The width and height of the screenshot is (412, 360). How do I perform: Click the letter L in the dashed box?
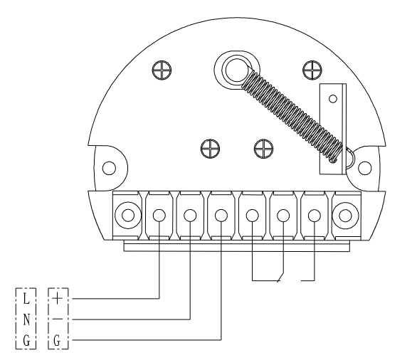[x=26, y=299]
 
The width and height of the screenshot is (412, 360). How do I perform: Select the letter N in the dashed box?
[x=26, y=319]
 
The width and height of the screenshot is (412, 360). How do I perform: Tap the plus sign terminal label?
[x=58, y=299]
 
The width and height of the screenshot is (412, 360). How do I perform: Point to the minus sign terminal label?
[x=58, y=319]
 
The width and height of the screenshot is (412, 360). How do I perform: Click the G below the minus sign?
[x=57, y=341]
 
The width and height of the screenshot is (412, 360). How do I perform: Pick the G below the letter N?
[x=26, y=341]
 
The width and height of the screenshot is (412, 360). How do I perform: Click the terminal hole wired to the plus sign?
[x=159, y=216]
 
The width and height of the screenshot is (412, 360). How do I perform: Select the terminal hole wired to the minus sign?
[x=190, y=216]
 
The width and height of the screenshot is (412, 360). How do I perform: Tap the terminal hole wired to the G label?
[x=221, y=216]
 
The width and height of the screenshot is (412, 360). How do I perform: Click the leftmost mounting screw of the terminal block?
[x=128, y=215]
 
